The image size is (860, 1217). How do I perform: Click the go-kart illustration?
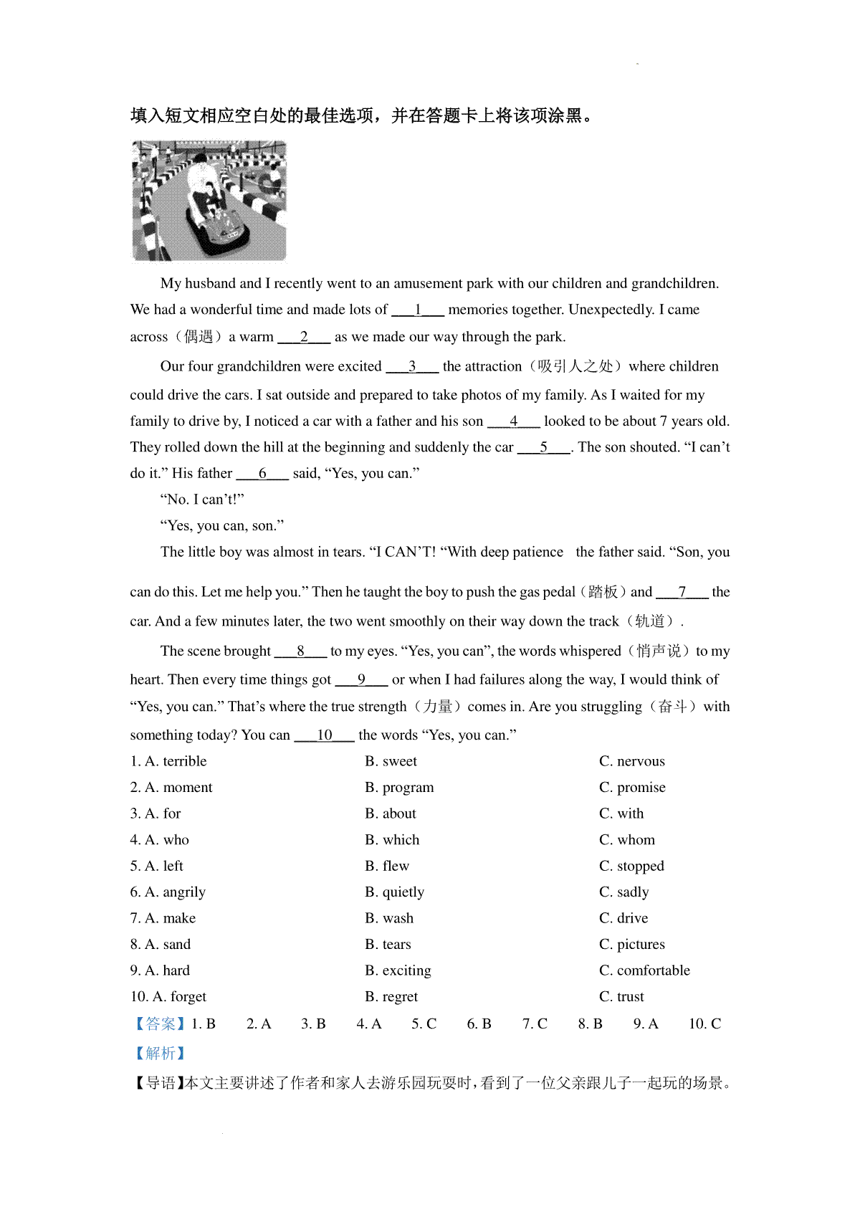point(209,201)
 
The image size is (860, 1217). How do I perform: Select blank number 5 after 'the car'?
point(544,447)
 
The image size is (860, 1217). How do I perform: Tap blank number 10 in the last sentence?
point(325,735)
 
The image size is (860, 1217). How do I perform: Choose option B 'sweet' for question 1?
point(391,761)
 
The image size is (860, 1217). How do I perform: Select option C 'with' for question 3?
point(621,813)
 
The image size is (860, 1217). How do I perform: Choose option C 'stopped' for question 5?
point(631,866)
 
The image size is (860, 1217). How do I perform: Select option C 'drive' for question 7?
point(623,918)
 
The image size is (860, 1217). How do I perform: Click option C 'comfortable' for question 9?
point(644,970)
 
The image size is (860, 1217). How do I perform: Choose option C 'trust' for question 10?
point(621,996)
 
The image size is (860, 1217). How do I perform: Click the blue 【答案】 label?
point(160,1023)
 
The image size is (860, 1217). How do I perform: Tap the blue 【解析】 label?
point(160,1053)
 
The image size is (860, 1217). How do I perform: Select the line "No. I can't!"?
point(202,500)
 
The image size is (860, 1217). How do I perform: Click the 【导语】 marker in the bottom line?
point(157,1083)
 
